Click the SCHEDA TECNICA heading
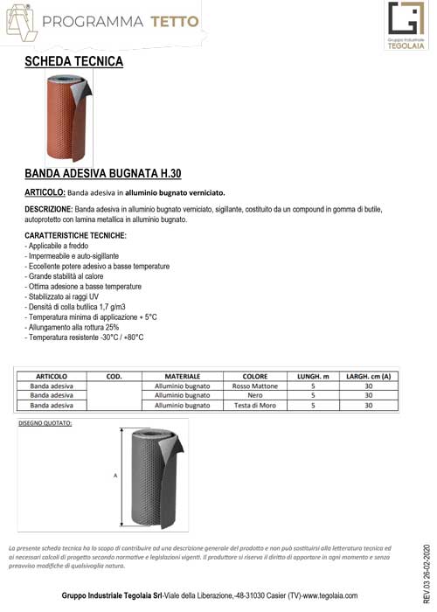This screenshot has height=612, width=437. (73, 61)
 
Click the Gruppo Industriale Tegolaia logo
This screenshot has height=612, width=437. (403, 26)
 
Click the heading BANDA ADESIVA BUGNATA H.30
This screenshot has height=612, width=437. (102, 173)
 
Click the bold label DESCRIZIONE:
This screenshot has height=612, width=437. (49, 210)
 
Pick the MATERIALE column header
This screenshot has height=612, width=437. (182, 375)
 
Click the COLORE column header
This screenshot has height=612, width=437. (255, 375)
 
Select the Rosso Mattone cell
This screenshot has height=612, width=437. (255, 386)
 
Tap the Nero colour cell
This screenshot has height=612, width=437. (255, 395)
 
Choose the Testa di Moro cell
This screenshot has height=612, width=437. (255, 406)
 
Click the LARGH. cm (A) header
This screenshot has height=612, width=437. (368, 375)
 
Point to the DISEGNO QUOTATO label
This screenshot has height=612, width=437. (45, 423)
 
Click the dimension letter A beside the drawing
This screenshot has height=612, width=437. (115, 476)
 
